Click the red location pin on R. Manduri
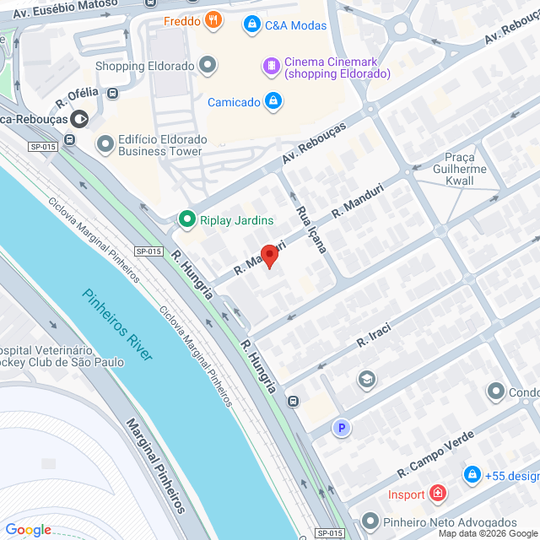[269, 256]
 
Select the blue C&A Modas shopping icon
[251, 25]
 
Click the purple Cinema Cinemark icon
[271, 64]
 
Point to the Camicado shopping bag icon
[273, 102]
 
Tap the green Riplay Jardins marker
[186, 220]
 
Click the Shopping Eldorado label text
[144, 66]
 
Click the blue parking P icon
[342, 429]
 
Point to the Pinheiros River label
[117, 325]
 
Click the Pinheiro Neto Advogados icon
[367, 522]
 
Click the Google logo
[28, 530]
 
